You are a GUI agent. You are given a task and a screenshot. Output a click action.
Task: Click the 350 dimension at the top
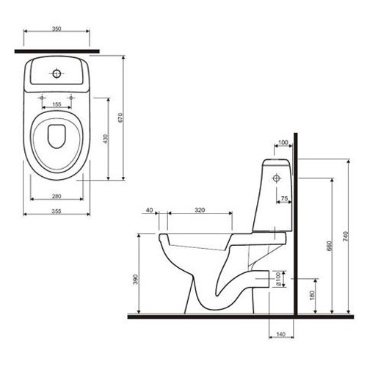pos(57,29)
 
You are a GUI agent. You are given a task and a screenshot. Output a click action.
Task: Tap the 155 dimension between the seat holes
pos(57,104)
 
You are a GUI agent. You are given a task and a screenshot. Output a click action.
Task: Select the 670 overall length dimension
pos(120,117)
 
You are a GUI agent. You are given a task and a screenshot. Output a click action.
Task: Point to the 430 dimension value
pos(106,139)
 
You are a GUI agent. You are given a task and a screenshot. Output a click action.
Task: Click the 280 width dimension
pos(57,196)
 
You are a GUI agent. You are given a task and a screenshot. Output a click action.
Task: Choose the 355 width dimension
pos(57,211)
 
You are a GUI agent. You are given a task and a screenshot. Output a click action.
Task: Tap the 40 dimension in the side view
pos(149,210)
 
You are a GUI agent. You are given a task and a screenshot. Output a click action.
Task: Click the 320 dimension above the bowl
pos(200,210)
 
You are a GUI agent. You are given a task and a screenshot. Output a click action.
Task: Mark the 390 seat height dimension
pos(136,280)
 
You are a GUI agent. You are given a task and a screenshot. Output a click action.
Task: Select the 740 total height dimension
pos(345,236)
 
